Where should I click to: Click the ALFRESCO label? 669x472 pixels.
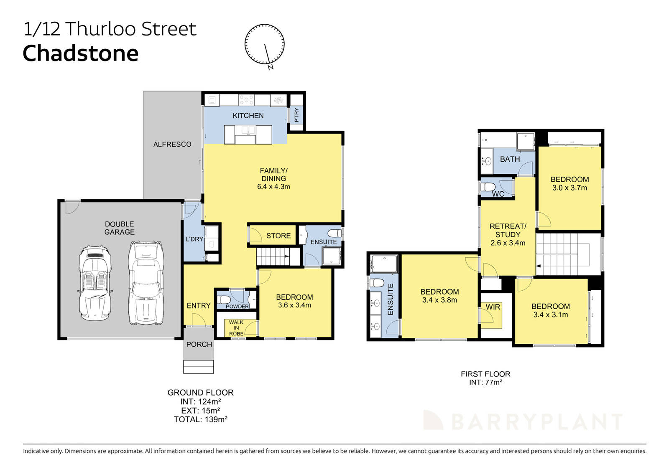tap(172, 145)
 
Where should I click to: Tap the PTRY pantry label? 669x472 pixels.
tap(296, 114)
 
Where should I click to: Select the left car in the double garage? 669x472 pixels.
tap(95, 283)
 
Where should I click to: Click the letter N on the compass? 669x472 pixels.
tap(271, 67)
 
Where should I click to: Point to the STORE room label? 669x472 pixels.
tap(278, 236)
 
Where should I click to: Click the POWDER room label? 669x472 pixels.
tap(237, 307)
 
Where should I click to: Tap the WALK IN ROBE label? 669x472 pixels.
tap(236, 328)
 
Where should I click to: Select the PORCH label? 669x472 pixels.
tap(199, 345)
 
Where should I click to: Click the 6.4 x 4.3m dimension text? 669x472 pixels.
tap(273, 187)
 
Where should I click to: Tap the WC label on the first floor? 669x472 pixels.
tap(498, 194)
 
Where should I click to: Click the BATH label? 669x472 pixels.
tap(510, 159)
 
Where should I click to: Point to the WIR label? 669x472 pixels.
tap(493, 307)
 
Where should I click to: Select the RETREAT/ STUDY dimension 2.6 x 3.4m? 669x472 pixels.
tap(508, 243)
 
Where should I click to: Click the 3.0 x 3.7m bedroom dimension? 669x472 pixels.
tap(569, 188)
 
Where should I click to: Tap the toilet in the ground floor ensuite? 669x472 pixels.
tap(334, 233)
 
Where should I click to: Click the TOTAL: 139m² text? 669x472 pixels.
tap(201, 419)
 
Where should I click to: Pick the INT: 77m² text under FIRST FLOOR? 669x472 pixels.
tap(485, 382)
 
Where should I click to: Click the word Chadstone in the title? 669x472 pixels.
tap(80, 53)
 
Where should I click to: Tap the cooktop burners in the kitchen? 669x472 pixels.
tap(246, 100)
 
